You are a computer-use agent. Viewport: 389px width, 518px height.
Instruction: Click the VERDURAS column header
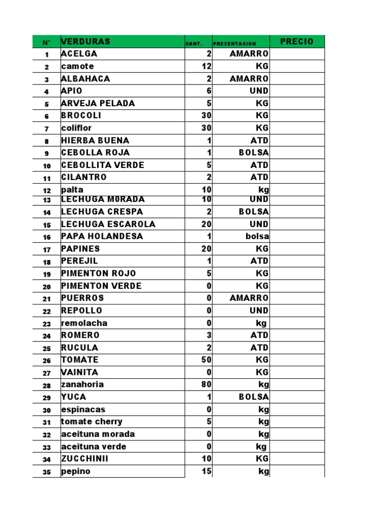85,41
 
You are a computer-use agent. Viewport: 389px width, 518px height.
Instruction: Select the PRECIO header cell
296,41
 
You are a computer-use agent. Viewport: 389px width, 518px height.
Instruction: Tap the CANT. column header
193,44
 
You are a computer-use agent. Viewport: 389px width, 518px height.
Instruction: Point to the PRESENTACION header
235,44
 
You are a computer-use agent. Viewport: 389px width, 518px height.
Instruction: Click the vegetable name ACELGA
79,54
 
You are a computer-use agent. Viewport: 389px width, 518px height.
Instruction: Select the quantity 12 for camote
206,66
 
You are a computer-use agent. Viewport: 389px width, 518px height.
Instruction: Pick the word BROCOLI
81,115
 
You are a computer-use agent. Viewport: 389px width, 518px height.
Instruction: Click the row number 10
47,166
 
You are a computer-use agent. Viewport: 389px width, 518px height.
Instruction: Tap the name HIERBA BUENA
95,140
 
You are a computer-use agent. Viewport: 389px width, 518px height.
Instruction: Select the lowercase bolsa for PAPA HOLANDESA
258,236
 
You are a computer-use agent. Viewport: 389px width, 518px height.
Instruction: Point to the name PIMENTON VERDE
101,286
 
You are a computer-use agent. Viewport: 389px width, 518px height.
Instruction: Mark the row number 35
47,472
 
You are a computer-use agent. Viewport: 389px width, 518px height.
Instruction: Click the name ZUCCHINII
85,459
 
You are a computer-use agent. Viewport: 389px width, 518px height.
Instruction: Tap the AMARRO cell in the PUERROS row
249,298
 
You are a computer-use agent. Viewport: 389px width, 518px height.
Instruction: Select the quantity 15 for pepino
206,471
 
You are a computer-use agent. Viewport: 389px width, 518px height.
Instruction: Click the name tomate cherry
92,421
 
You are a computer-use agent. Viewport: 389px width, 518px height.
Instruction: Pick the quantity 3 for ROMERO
209,335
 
